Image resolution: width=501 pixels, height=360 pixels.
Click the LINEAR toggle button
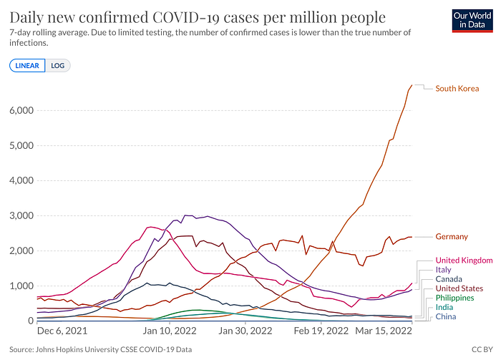[27, 65]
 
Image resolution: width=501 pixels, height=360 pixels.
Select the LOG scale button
[57, 65]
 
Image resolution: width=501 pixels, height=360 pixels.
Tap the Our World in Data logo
[472, 21]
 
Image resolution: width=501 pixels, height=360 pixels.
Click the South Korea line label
[457, 89]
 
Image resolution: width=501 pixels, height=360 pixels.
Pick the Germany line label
[452, 237]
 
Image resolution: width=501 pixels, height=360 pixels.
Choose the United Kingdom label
[464, 261]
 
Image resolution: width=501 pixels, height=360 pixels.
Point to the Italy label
[443, 270]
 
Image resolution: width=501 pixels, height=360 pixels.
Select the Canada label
[449, 279]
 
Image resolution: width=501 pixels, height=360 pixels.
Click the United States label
[459, 288]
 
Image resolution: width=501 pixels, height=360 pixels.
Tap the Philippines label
[454, 298]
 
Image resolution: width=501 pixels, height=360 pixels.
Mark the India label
[444, 307]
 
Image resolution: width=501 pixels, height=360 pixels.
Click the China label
[446, 316]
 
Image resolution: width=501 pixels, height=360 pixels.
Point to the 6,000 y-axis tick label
[21, 110]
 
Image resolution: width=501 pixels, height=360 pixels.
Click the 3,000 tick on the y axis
[21, 216]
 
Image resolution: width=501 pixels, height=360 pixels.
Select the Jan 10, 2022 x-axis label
[170, 331]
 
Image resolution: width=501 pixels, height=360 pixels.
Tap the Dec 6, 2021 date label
[62, 331]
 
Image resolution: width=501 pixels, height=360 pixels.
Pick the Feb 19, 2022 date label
[321, 331]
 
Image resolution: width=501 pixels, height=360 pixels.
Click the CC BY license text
[482, 349]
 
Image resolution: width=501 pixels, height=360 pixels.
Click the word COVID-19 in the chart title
[186, 18]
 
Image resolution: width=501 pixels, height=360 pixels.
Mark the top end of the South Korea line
[412, 85]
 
